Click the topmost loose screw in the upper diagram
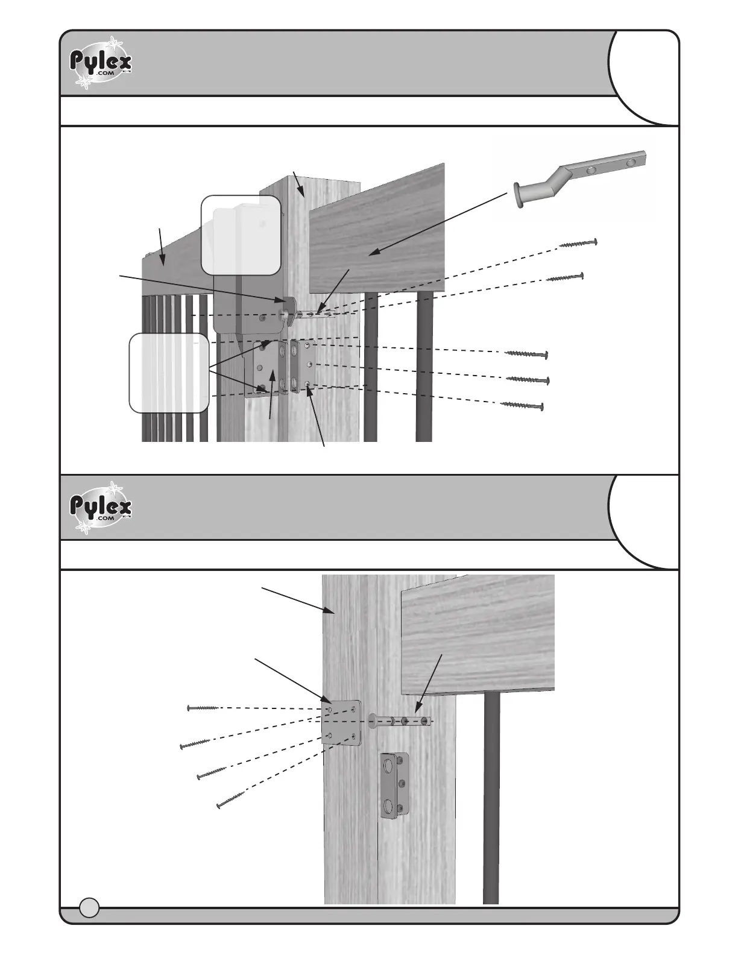tap(578, 243)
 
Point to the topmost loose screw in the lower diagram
tap(203, 707)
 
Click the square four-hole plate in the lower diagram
tap(342, 722)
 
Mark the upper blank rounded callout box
tap(241, 235)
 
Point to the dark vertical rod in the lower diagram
tap(491, 796)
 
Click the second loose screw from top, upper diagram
tap(565, 278)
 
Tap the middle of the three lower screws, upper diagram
tap(528, 379)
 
